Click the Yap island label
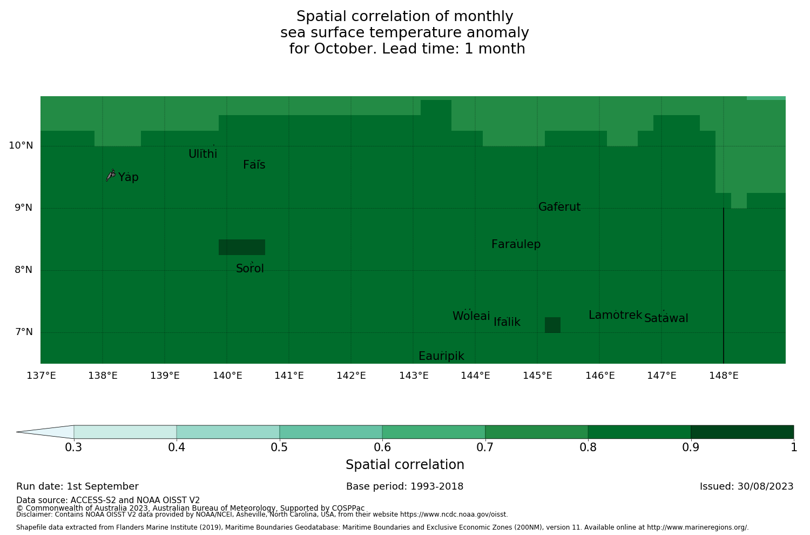tap(129, 177)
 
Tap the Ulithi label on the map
tap(203, 154)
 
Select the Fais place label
tap(254, 165)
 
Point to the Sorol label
tap(250, 269)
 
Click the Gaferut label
tap(559, 207)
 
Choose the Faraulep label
tap(516, 244)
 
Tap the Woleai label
tap(471, 316)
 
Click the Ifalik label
tap(507, 322)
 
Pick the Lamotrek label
tap(615, 315)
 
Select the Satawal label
tap(666, 318)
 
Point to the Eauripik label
tap(441, 356)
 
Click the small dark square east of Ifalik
tap(552, 325)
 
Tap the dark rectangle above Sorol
tap(241, 247)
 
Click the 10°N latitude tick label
tap(21, 145)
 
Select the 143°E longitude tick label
tap(414, 376)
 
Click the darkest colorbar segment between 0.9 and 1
tap(742, 432)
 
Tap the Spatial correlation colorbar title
tap(404, 465)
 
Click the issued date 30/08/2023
tap(746, 486)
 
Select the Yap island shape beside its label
tap(111, 175)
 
